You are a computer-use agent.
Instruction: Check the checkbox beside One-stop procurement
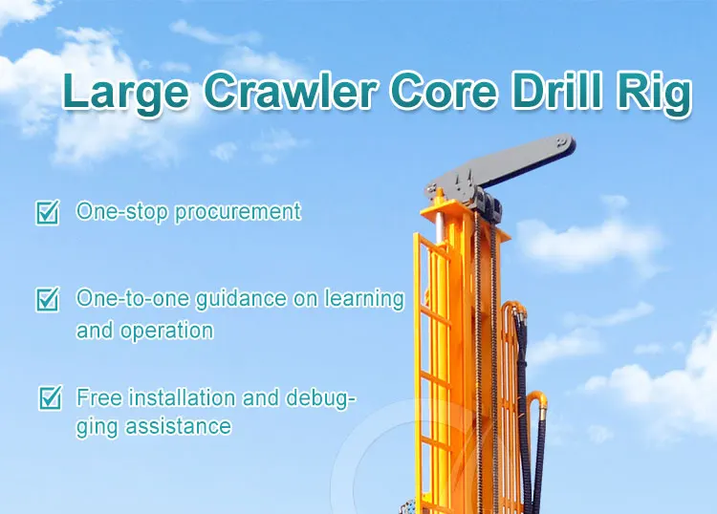47,212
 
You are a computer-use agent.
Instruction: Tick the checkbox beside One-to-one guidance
47,299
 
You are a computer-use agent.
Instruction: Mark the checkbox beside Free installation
48,397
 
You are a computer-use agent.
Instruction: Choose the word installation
188,396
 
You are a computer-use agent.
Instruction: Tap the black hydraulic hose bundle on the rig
521,382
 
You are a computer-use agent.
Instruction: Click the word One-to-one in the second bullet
120,299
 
